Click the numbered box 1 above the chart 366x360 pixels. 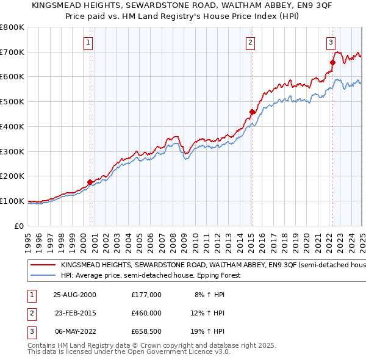(x=88, y=43)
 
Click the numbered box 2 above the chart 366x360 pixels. (x=250, y=43)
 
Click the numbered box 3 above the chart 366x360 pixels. (x=330, y=43)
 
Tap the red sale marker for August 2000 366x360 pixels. (x=90, y=182)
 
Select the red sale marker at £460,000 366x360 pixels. (x=252, y=112)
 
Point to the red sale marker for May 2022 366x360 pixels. (x=333, y=62)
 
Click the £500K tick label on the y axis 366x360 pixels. (x=12, y=102)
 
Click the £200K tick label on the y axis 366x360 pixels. (x=12, y=176)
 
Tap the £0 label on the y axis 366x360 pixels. (x=20, y=226)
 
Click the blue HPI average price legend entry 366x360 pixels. (x=150, y=275)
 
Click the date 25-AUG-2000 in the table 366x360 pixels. (x=74, y=295)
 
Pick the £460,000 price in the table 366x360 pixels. (x=146, y=313)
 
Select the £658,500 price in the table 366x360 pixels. (x=146, y=331)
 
